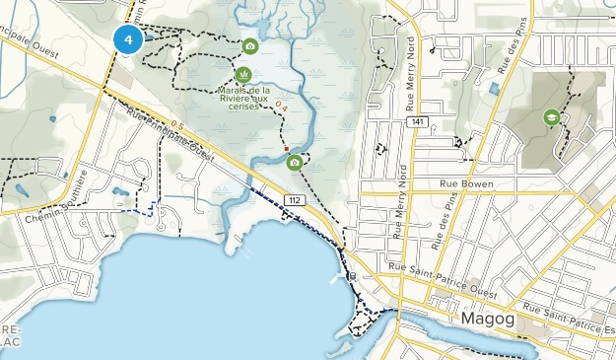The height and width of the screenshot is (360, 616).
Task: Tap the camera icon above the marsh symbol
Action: pos(250,46)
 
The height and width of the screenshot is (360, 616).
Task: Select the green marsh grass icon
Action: pos(242,74)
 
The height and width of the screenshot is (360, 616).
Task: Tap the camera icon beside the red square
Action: pos(295,163)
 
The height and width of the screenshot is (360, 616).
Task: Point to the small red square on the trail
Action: pos(286,150)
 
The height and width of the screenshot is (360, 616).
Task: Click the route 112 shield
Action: pos(294,199)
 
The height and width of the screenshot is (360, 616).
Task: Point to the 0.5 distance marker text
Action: pos(176,124)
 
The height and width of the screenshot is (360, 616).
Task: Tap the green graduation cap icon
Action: pos(550,118)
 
